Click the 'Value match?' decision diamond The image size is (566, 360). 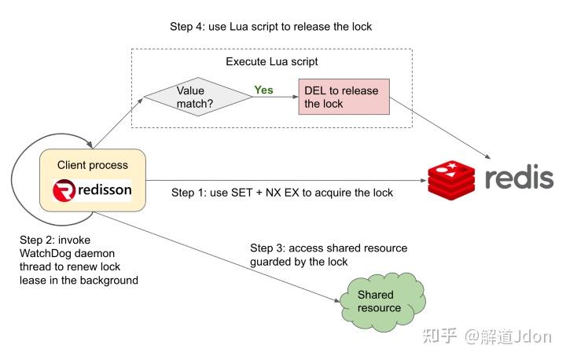(x=197, y=97)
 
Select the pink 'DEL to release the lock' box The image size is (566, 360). (x=344, y=97)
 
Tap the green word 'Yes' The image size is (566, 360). (x=263, y=90)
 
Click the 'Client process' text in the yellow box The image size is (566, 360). (x=93, y=165)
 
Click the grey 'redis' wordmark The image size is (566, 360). (x=518, y=178)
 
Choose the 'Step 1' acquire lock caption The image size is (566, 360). (x=281, y=193)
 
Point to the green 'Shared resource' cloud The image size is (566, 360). (x=380, y=301)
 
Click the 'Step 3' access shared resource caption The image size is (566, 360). (x=328, y=255)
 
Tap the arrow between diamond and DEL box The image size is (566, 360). (x=274, y=97)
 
